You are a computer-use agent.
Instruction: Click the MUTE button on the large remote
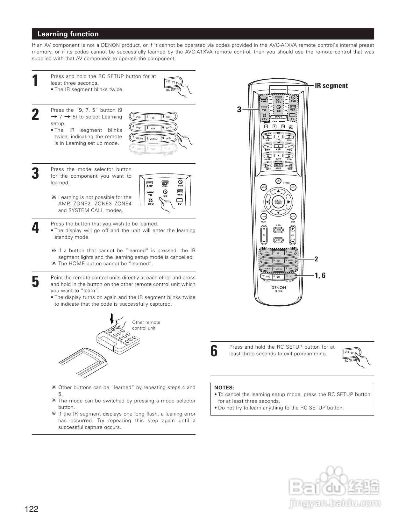click(278, 240)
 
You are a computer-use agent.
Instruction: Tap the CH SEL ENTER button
click(278, 202)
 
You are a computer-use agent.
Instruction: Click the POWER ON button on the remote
click(278, 181)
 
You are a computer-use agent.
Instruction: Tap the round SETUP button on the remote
click(264, 187)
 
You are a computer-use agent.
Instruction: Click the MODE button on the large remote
click(278, 165)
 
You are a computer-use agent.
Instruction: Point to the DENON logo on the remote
click(278, 288)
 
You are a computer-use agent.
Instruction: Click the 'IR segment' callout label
click(331, 86)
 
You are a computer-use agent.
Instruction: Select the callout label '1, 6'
click(320, 275)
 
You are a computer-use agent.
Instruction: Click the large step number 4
click(36, 228)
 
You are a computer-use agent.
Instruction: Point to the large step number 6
click(214, 351)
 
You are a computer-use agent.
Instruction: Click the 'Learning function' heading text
click(68, 34)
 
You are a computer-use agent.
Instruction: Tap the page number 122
click(32, 509)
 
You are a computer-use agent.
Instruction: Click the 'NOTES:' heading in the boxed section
click(224, 387)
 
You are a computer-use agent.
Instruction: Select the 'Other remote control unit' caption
click(146, 325)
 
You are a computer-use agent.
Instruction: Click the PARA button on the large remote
click(264, 216)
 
